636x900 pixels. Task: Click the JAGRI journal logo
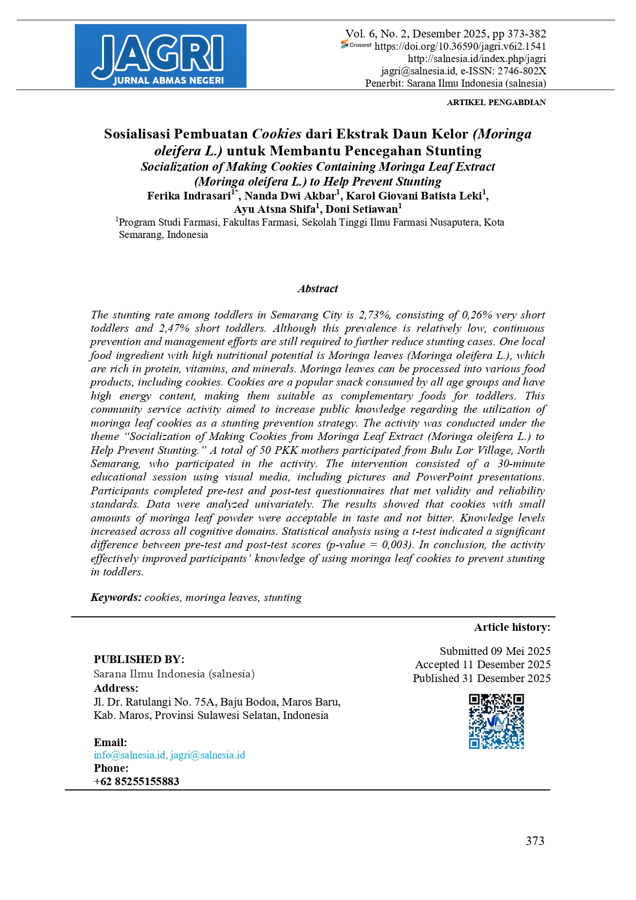point(160,56)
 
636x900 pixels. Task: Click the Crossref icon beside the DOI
point(356,45)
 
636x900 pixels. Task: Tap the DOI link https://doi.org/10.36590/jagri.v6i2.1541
point(460,46)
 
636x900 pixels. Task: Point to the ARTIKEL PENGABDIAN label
point(496,103)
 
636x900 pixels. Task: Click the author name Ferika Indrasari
point(189,196)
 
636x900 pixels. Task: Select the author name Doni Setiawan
point(362,209)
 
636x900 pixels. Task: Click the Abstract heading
point(318,289)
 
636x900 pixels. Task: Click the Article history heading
point(512,627)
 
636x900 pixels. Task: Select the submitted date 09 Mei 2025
point(521,651)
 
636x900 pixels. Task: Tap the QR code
point(496,722)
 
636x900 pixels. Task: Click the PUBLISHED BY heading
point(139,659)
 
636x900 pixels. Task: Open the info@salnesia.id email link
point(130,755)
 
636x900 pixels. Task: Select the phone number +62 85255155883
point(136,782)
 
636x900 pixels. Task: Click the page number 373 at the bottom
point(535,841)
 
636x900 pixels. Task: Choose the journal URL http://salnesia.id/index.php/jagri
point(477,58)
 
